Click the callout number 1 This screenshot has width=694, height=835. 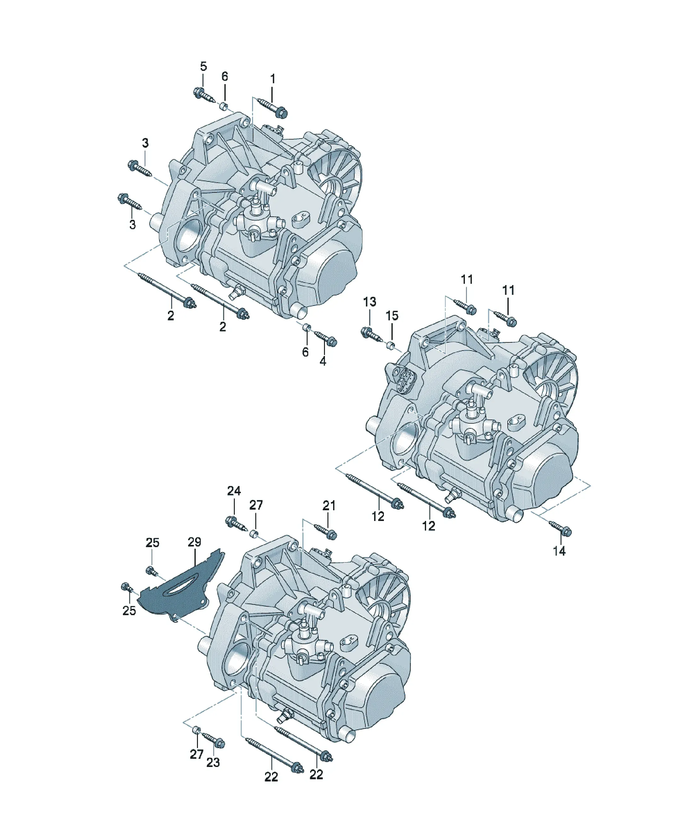coord(273,79)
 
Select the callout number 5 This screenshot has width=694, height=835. coord(203,66)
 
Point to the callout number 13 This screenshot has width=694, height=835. coord(369,302)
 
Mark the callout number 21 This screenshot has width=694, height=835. coord(329,506)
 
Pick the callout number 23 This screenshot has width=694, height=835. coord(213,762)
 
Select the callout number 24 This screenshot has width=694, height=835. coord(234,491)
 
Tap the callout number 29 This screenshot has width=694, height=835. coord(194,542)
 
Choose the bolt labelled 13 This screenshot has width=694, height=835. coord(371,334)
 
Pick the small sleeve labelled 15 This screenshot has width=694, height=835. coord(391,344)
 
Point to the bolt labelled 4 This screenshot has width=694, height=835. coord(326,338)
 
